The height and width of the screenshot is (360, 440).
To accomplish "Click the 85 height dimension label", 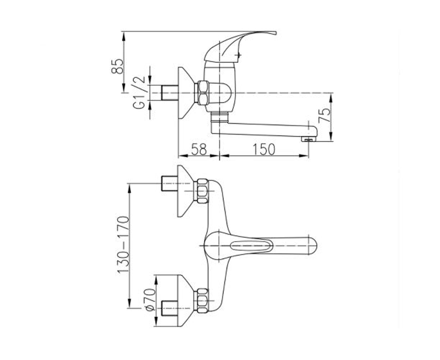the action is pos(117,66).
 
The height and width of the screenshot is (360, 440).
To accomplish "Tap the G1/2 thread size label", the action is pos(139,92).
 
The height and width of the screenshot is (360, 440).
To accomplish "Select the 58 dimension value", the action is pos(199,149).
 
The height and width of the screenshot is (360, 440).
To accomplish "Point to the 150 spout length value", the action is pos(264,149).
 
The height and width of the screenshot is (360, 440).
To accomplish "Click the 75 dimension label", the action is pos(324,116).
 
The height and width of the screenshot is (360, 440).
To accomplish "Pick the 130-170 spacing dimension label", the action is pos(123,244).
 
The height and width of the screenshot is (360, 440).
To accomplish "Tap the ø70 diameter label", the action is pos(150,299).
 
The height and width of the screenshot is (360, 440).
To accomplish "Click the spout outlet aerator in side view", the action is pos(308,139).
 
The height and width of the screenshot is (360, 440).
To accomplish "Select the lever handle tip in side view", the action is pos(273,33).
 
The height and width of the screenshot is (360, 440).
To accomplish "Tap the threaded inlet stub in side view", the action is pos(170,92).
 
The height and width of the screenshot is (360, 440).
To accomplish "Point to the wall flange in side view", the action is pos(186,92).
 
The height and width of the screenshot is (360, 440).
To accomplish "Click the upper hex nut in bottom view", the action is pos(202,191).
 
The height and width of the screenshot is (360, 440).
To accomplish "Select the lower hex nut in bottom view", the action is pos(202,301).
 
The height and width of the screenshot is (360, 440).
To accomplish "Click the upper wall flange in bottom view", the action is pos(186,191).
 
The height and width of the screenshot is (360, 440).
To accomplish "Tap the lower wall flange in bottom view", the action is pos(186,301).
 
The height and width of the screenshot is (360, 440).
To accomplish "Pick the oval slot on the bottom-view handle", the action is pos(251,246).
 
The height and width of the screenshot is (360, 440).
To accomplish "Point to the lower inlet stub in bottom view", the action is pos(169,308).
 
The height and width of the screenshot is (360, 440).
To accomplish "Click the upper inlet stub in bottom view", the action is pos(169,183).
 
